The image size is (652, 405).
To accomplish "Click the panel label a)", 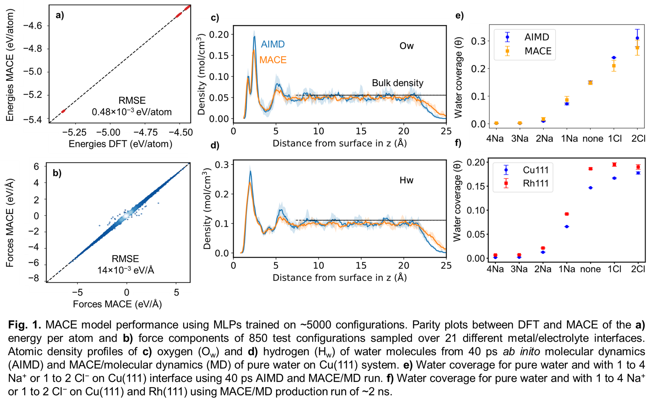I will point(60,15).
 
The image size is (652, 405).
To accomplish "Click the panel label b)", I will point(57,173).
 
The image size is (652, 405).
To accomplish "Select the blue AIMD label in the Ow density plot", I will point(273,44).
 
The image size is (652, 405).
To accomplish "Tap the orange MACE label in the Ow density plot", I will point(273,60).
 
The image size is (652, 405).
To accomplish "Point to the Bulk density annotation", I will point(397,83).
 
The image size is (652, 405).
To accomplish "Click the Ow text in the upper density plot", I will point(407,46).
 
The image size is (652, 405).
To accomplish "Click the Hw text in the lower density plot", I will point(406,180).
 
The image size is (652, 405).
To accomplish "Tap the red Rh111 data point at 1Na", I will point(567,214).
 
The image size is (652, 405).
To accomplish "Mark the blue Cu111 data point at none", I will point(590,188).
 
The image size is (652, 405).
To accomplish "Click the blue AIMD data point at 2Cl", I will point(637,38).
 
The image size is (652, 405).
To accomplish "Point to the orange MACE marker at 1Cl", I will point(614,66).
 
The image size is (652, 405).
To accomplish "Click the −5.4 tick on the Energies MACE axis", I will point(32,119).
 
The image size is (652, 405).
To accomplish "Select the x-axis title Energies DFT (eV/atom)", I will point(120,144).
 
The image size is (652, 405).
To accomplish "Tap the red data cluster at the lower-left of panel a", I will point(63,111).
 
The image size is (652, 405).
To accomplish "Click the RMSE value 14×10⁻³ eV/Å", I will point(126,270).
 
